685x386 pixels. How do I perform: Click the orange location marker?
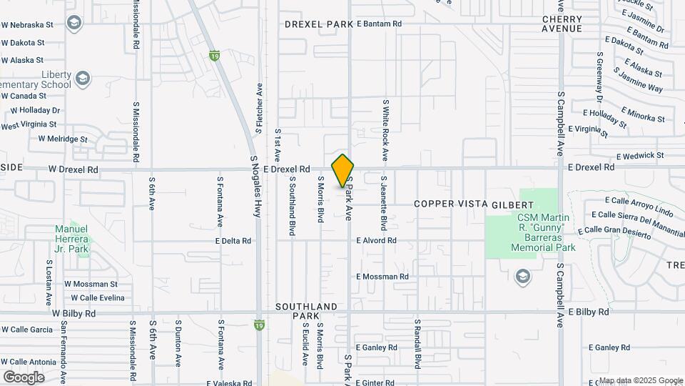coord(342,170)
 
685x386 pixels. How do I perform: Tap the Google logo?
coord(24,377)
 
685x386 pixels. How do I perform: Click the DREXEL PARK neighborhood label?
coord(319,24)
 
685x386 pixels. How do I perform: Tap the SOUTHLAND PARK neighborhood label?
coord(306,311)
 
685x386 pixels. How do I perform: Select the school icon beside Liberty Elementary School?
coord(83,77)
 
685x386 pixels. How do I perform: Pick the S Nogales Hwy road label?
coord(255,187)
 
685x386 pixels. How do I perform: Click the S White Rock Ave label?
coord(384,129)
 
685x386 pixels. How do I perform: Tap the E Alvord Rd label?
coord(377,241)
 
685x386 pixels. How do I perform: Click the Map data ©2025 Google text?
coord(640,380)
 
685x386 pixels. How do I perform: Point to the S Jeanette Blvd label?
coord(383,203)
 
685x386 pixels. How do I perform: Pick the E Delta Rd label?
coord(233,241)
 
